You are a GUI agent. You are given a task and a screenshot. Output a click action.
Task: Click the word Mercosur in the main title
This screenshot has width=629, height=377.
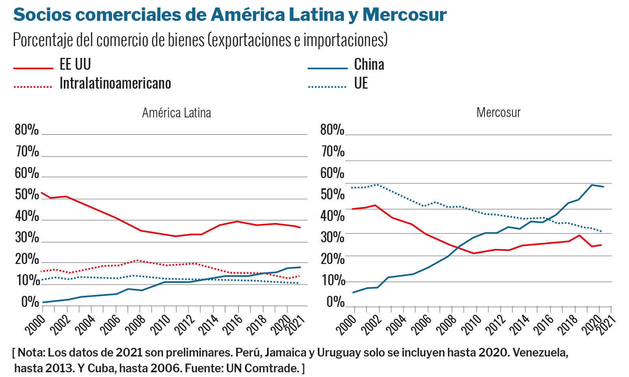tap(404, 15)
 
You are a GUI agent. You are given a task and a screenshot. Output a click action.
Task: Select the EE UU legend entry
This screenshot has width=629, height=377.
tap(75, 65)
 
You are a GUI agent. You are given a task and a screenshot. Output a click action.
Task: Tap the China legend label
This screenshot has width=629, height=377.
tap(369, 65)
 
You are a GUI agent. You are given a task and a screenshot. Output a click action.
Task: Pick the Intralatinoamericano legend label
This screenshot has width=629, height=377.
tap(115, 84)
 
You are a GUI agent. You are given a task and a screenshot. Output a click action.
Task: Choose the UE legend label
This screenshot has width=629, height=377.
tap(361, 84)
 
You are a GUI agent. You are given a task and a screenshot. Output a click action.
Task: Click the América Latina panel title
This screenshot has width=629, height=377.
tap(176, 113)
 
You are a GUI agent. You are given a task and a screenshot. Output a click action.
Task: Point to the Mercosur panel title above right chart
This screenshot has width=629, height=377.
tap(498, 113)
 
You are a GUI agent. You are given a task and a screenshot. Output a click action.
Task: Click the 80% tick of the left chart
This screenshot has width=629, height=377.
tap(27, 130)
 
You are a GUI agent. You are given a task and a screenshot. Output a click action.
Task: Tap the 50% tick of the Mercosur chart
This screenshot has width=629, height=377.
tap(332, 195)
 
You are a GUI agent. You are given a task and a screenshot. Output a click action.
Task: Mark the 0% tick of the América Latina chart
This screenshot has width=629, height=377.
tap(30, 302)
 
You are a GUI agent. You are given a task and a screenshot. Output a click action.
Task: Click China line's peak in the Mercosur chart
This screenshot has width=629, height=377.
tap(592, 185)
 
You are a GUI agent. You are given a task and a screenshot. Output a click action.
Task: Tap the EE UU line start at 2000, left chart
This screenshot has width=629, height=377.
tap(42, 193)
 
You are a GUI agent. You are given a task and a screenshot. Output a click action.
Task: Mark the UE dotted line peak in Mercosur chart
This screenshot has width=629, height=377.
tap(377, 184)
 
